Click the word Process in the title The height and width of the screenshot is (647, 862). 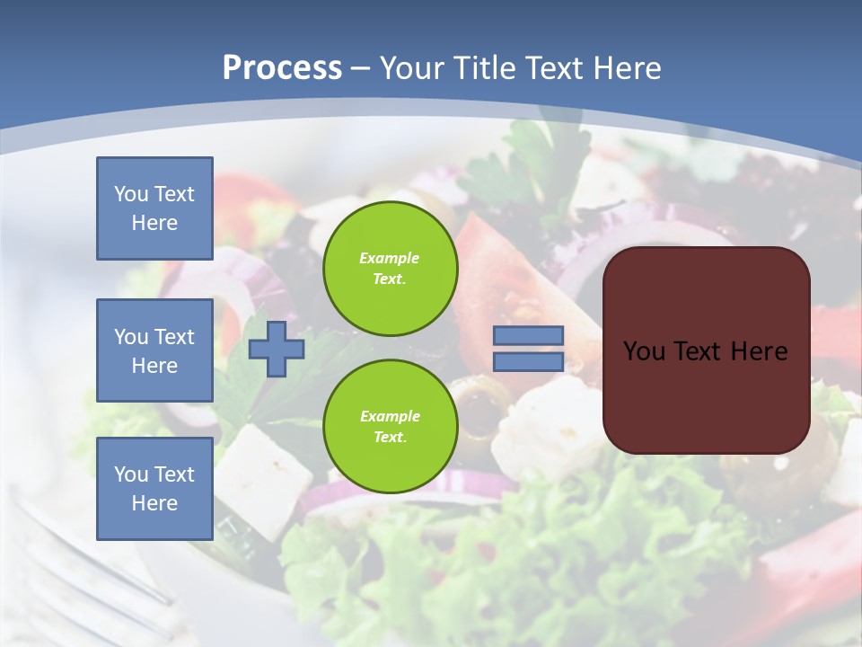tap(282, 68)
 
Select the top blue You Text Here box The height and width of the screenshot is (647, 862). tap(154, 208)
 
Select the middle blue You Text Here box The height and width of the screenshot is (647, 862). tap(154, 350)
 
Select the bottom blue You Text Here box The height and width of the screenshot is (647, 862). tap(154, 488)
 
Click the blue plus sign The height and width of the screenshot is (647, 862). tap(277, 350)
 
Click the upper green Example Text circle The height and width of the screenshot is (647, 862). tap(390, 269)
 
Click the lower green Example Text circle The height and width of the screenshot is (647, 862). tap(390, 427)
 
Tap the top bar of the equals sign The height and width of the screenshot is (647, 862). tap(528, 336)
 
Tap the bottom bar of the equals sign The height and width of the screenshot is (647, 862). tap(528, 362)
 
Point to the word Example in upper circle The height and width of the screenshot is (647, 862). tap(390, 258)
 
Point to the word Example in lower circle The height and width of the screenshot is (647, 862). tap(390, 416)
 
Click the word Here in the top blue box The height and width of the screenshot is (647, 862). tap(154, 223)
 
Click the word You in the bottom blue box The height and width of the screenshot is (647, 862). tap(130, 474)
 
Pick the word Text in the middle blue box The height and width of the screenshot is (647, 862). tap(173, 337)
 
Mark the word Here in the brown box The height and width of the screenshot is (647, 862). tap(760, 351)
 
